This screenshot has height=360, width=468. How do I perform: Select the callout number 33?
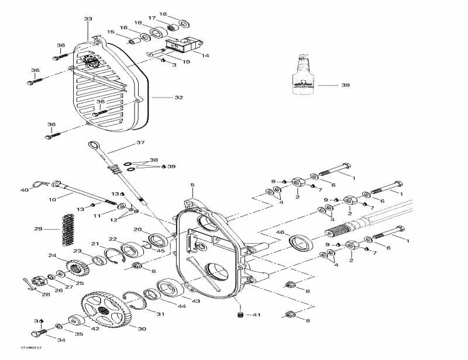pos(88,19)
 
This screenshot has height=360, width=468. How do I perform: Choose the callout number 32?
pos(179,98)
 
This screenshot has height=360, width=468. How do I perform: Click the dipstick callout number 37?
pos(140,143)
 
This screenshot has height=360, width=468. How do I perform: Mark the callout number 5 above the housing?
pos(192,185)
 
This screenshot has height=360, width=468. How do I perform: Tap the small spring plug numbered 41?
pos(239,316)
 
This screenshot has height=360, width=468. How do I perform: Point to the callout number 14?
pos(205,56)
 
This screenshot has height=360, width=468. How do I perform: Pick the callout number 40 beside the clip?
pos(25,190)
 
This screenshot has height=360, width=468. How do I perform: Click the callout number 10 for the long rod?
pos(53,200)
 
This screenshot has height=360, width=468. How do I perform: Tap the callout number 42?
pos(95,328)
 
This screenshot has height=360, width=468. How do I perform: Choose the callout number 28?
pos(46,294)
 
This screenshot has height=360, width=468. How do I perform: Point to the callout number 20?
pos(138,229)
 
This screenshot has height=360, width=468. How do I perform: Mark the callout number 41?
pos(256,316)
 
